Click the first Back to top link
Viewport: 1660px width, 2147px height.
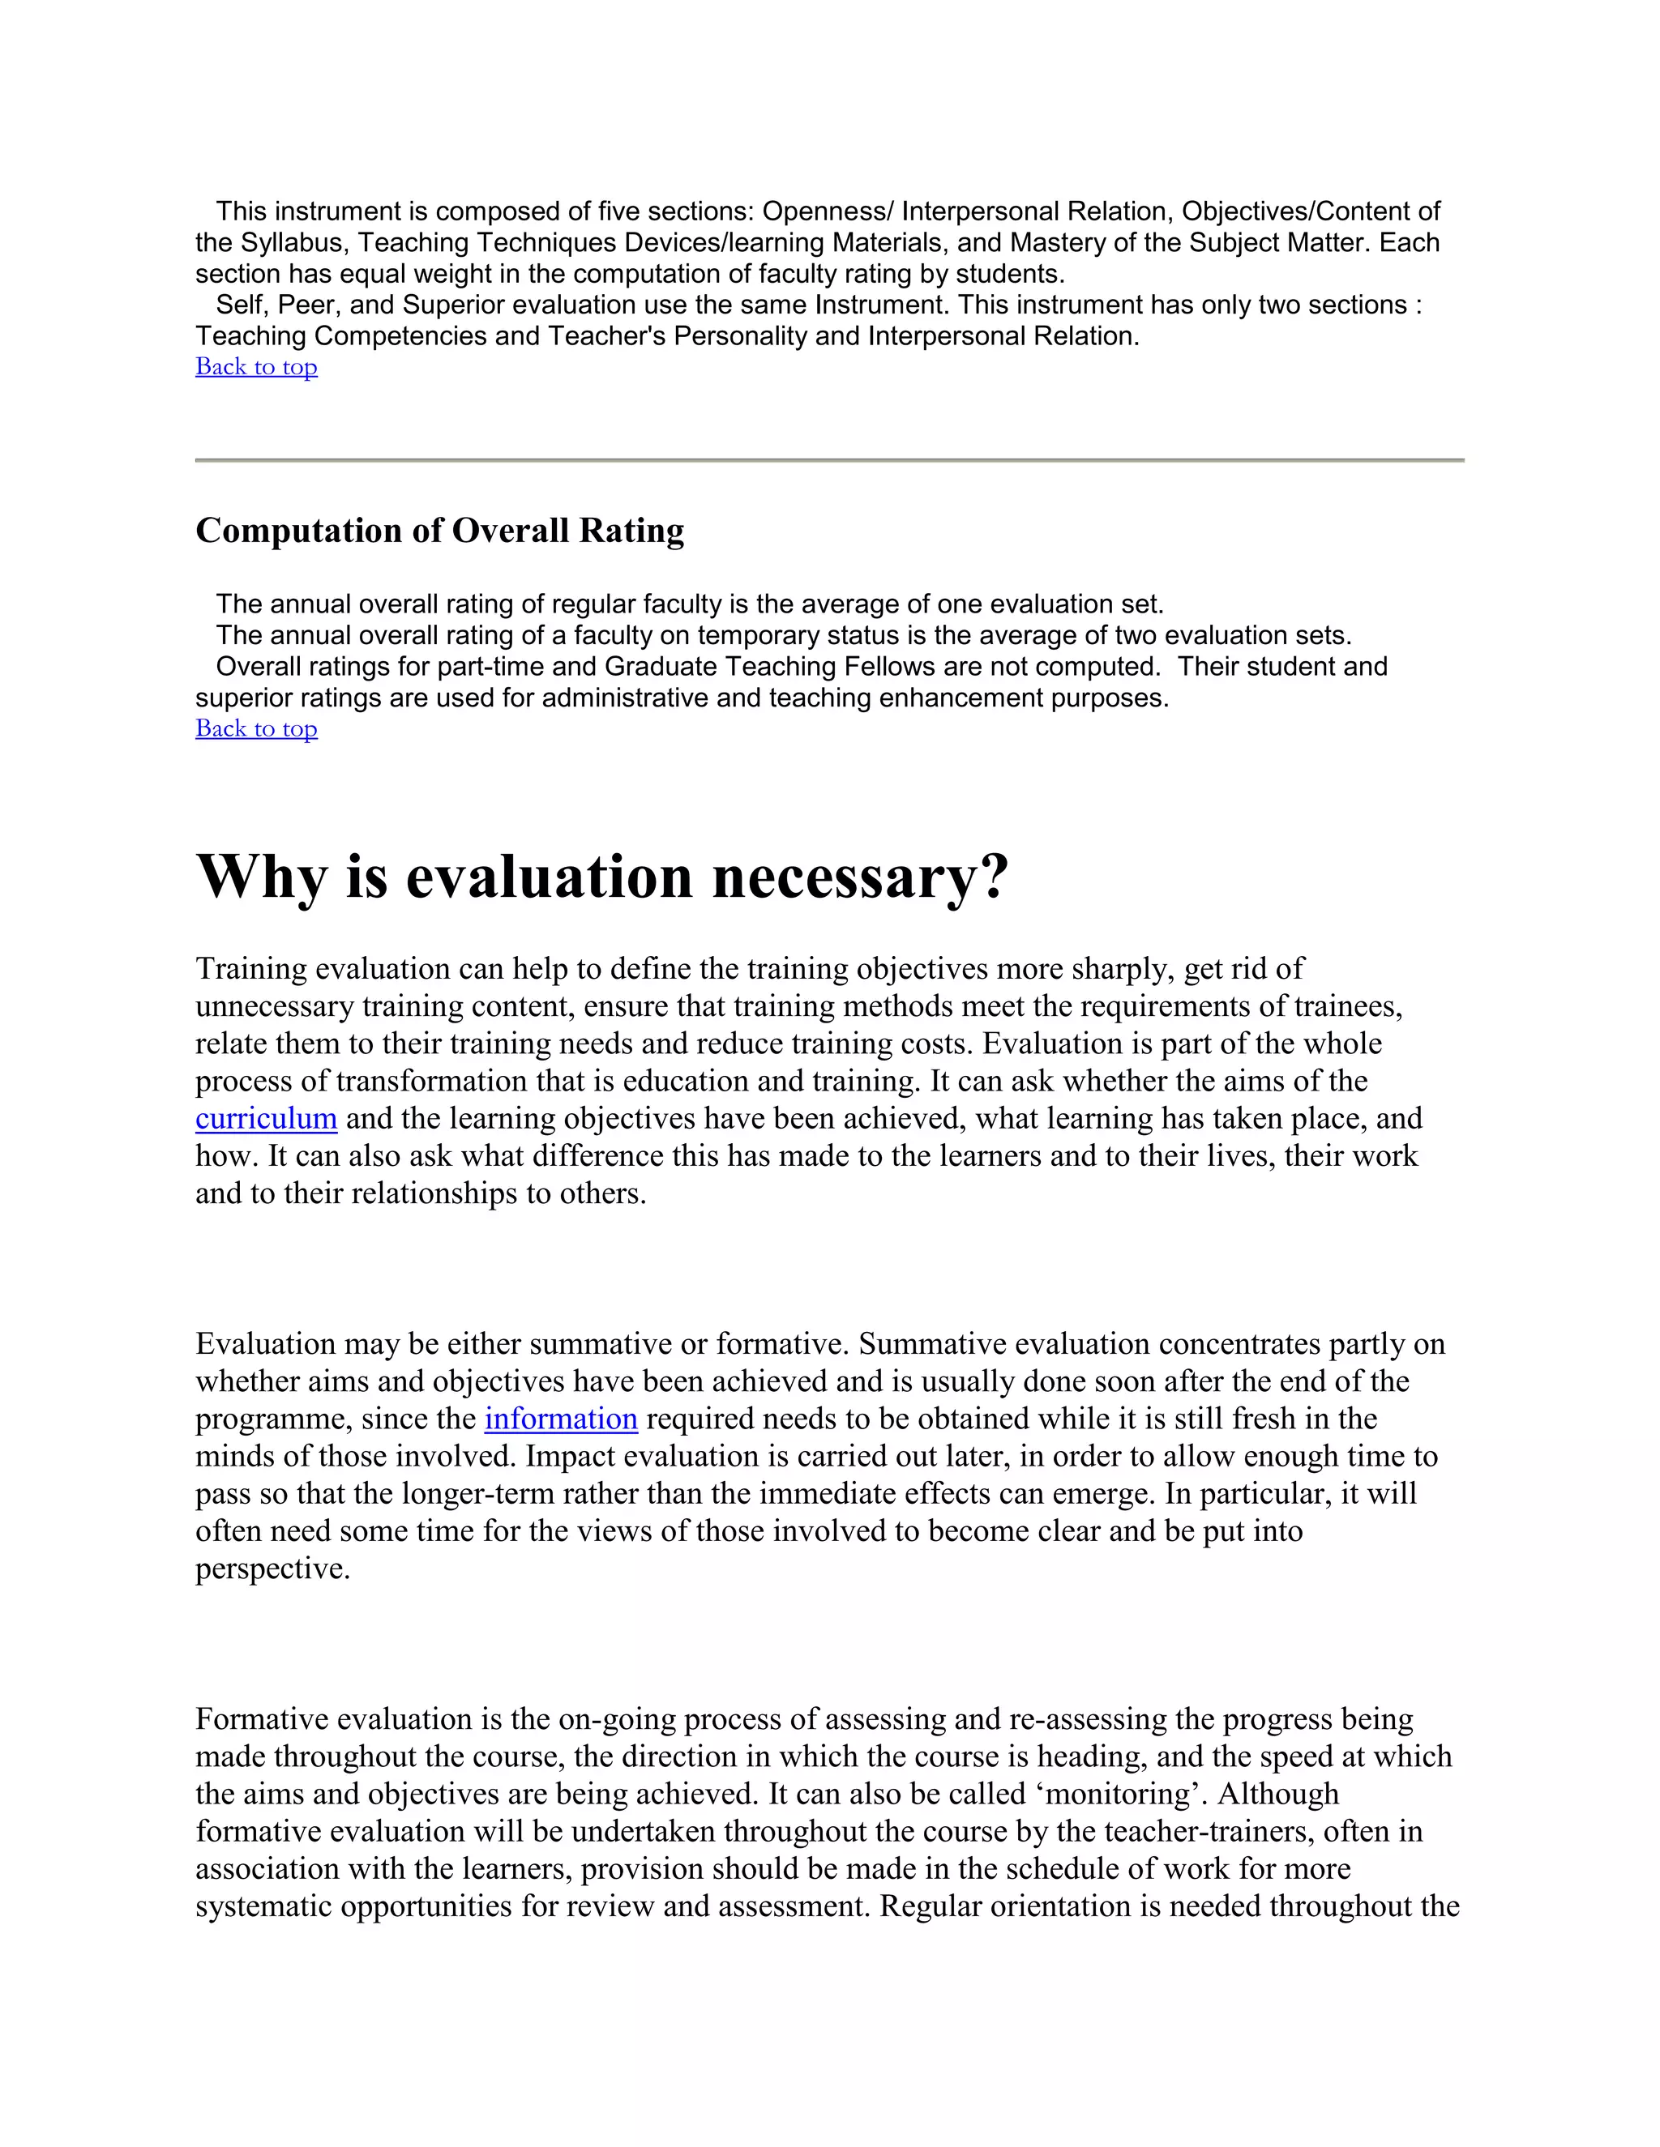click(255, 367)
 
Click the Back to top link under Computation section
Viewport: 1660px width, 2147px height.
click(255, 728)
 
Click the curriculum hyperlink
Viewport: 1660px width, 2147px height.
click(266, 1119)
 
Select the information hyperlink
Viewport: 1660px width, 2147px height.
click(561, 1419)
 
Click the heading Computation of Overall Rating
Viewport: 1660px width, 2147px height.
click(439, 531)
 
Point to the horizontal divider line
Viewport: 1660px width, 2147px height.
click(829, 460)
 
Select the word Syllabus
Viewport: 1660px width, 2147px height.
click(290, 243)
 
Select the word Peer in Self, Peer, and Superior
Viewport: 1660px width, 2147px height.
click(306, 305)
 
